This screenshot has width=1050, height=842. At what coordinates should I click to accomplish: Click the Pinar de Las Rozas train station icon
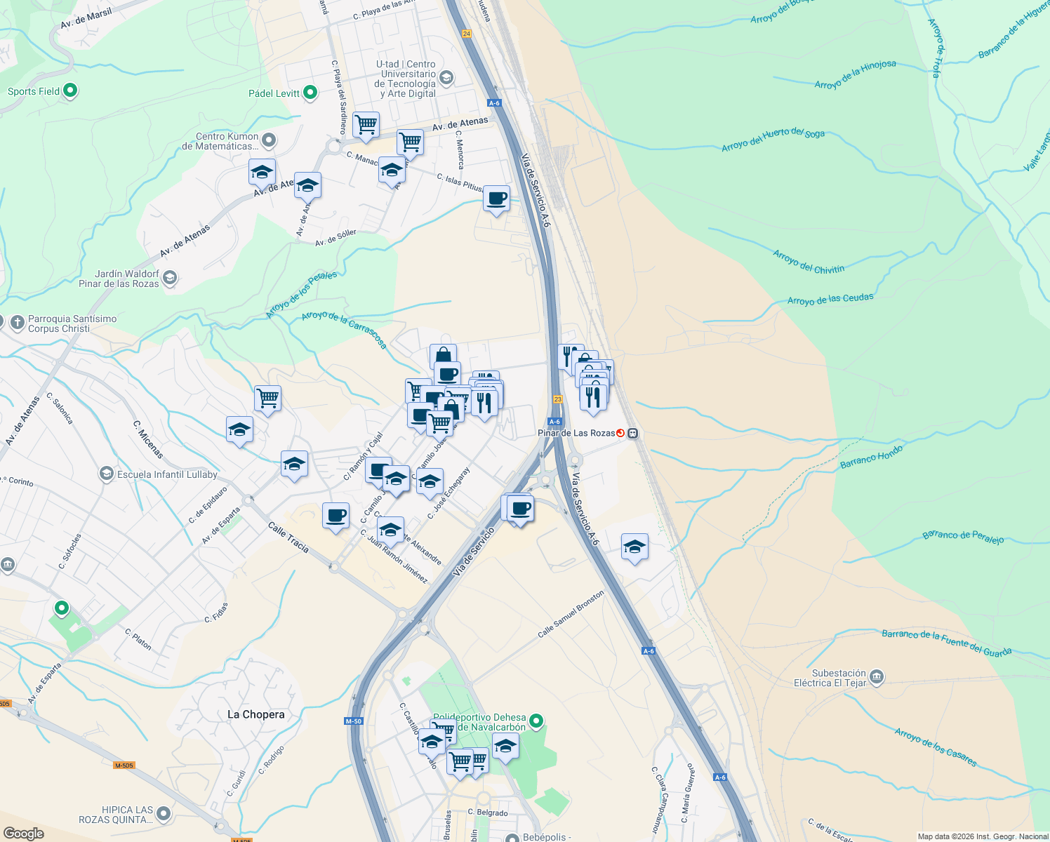pyautogui.click(x=632, y=433)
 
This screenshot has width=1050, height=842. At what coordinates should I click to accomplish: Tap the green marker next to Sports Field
pyautogui.click(x=69, y=91)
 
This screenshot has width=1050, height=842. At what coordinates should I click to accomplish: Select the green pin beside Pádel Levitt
pyautogui.click(x=310, y=93)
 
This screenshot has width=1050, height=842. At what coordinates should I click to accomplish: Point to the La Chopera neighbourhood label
pyautogui.click(x=256, y=714)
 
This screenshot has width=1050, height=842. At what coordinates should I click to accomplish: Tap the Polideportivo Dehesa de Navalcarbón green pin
pyautogui.click(x=536, y=721)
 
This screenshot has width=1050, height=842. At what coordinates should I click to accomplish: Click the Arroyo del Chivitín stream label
pyautogui.click(x=809, y=262)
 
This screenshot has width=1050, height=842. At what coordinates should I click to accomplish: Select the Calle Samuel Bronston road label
pyautogui.click(x=571, y=614)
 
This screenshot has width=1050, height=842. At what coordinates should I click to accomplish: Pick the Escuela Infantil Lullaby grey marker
pyautogui.click(x=106, y=474)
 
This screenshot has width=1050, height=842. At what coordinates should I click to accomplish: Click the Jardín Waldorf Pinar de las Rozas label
pyautogui.click(x=119, y=279)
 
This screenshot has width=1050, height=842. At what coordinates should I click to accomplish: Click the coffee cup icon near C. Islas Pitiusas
pyautogui.click(x=497, y=199)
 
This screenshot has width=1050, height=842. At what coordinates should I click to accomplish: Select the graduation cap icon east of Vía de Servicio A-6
pyautogui.click(x=634, y=547)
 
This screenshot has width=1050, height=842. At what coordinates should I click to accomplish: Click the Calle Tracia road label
pyautogui.click(x=288, y=537)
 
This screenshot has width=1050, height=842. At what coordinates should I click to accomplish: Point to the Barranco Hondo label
pyautogui.click(x=871, y=456)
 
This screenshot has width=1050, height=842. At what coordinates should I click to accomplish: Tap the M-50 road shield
pyautogui.click(x=354, y=721)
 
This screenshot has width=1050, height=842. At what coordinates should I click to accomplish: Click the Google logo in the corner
pyautogui.click(x=23, y=834)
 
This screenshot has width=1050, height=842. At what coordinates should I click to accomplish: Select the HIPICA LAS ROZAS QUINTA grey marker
pyautogui.click(x=164, y=814)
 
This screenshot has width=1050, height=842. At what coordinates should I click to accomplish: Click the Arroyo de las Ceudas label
pyautogui.click(x=830, y=299)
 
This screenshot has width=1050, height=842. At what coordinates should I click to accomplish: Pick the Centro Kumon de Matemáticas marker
pyautogui.click(x=268, y=140)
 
